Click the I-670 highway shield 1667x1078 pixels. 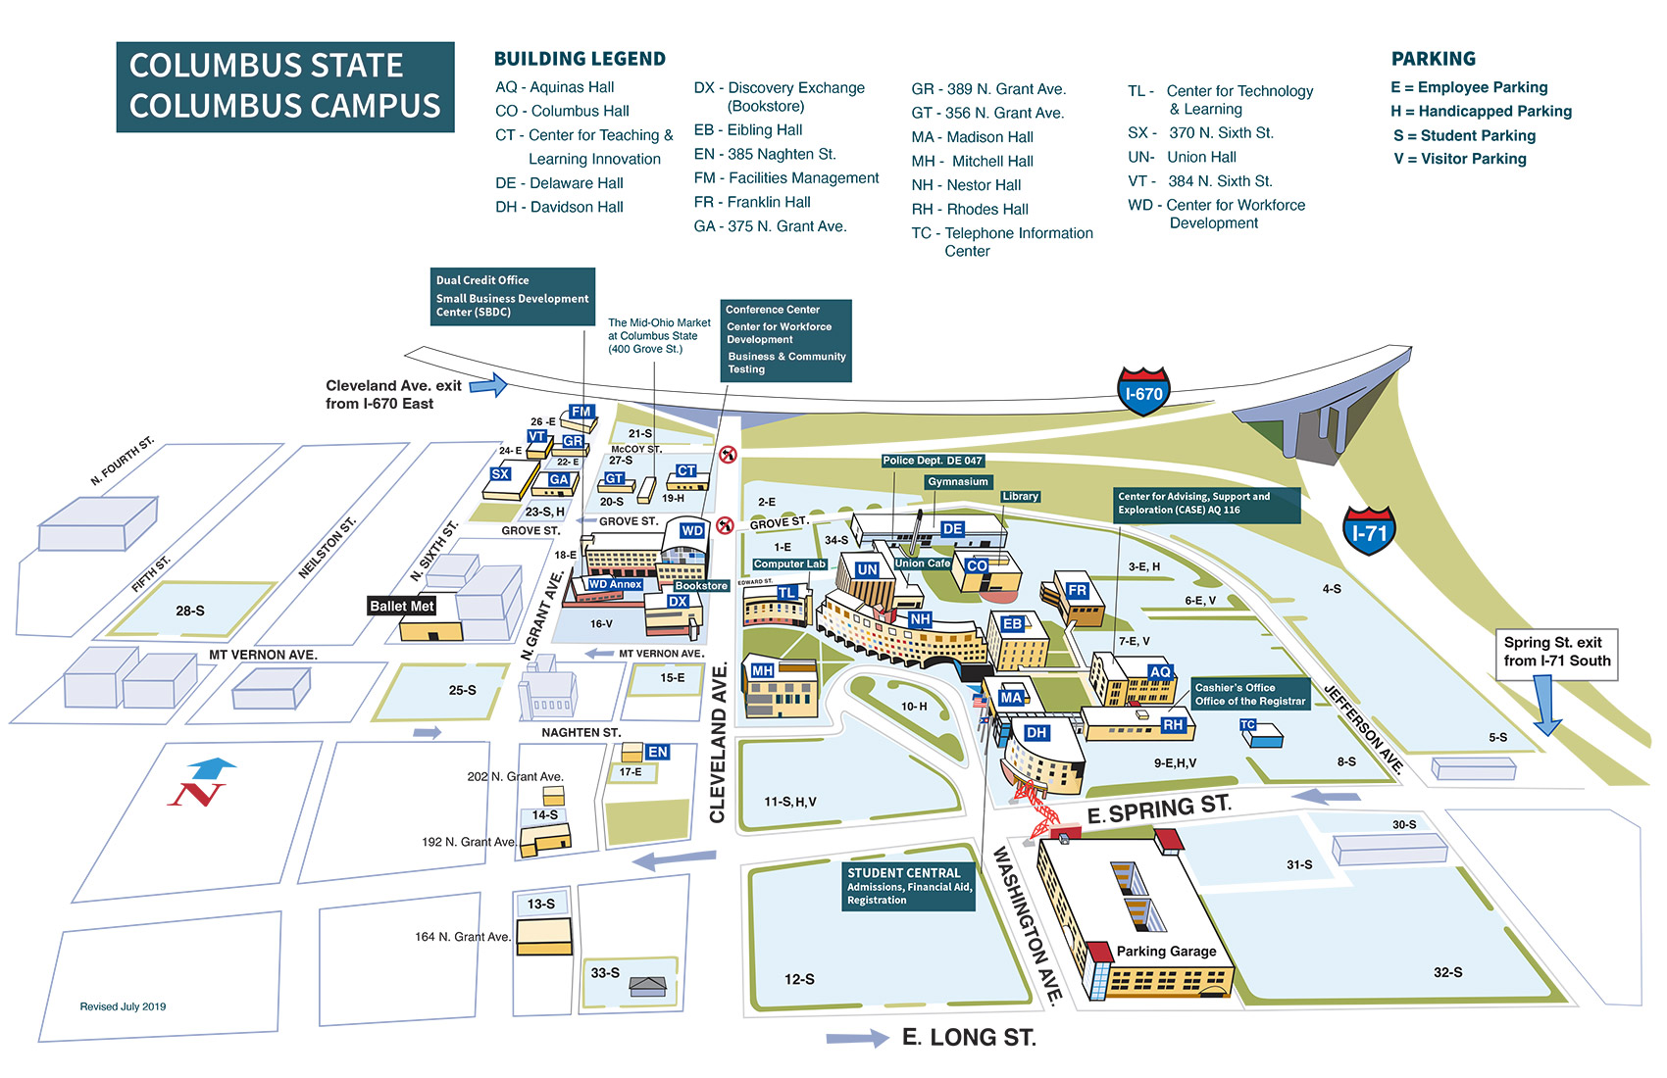tap(1143, 391)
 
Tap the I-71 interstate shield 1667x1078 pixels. tap(1369, 531)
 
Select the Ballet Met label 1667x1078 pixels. tap(401, 606)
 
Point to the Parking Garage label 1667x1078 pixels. tap(1166, 951)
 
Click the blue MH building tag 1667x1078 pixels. tap(762, 670)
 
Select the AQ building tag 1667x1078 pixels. tap(1160, 671)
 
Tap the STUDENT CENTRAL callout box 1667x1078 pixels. tap(908, 885)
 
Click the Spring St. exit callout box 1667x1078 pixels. tap(1556, 652)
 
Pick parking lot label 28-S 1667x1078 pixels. tap(190, 610)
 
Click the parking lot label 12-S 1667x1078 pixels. tap(799, 978)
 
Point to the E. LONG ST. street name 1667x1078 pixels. tap(968, 1037)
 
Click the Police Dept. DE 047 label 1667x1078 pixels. tap(932, 460)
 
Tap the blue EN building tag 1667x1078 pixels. tap(657, 752)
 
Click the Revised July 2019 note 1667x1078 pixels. tap(123, 1006)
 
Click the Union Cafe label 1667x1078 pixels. tap(922, 563)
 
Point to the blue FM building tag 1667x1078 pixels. tap(581, 412)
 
